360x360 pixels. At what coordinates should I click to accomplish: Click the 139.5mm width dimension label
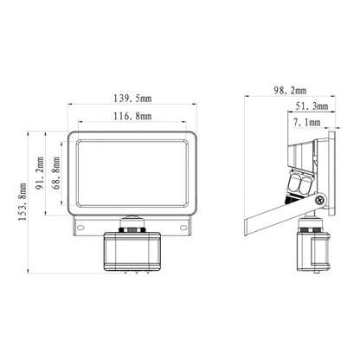(132, 99)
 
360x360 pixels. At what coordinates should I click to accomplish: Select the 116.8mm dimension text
(132, 116)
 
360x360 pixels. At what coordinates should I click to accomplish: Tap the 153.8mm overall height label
(22, 202)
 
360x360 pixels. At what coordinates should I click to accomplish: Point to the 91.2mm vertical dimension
(40, 173)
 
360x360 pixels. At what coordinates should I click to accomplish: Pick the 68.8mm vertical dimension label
(57, 173)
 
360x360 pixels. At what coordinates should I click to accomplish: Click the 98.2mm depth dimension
(290, 91)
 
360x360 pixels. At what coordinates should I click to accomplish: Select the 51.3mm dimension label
(312, 106)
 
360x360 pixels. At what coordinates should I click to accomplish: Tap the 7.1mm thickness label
(307, 123)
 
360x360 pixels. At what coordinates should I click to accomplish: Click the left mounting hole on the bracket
(80, 228)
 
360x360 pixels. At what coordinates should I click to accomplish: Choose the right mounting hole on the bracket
(183, 228)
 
